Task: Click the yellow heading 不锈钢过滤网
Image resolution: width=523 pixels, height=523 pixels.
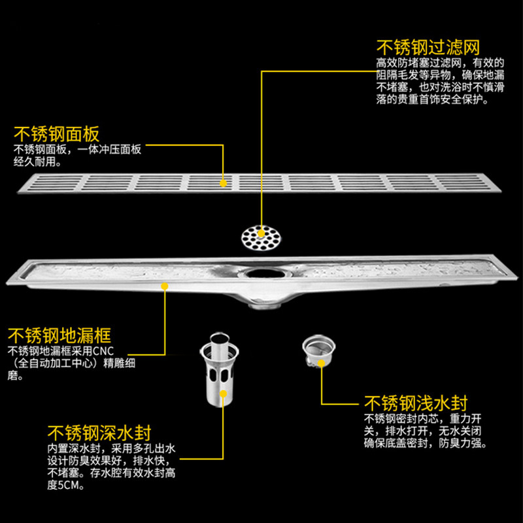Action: coord(428,48)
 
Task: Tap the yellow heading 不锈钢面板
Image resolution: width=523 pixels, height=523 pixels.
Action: coord(57,135)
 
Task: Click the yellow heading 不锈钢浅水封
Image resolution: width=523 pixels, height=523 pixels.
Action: coord(416,402)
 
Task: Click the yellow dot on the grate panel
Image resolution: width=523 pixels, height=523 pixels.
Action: coord(223,183)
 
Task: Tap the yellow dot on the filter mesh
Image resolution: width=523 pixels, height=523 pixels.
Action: coord(261,232)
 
